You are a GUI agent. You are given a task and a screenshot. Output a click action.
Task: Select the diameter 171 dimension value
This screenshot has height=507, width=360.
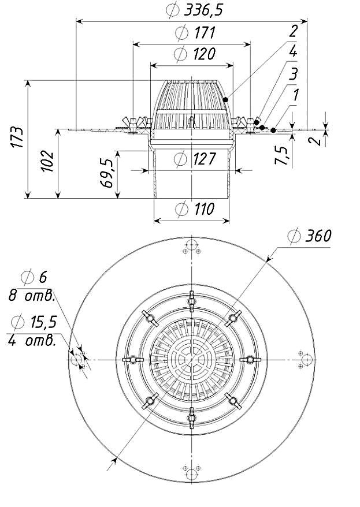(x=195, y=33)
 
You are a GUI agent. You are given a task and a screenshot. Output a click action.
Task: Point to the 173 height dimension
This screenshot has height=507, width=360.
(x=18, y=137)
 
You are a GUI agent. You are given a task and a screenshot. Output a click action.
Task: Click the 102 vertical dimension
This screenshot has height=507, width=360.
(x=48, y=161)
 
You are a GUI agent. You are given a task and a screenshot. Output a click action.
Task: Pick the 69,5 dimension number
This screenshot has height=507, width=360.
(x=107, y=173)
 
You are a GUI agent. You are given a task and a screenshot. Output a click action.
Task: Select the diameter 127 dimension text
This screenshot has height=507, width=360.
(x=195, y=159)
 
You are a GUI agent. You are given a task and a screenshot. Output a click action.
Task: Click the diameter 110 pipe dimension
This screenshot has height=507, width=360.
(x=195, y=209)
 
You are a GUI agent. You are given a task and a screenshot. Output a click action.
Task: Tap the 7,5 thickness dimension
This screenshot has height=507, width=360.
(x=281, y=156)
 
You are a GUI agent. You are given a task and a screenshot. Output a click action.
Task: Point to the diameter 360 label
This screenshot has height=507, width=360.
(x=310, y=236)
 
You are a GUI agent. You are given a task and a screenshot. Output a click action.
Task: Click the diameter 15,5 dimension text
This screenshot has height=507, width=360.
(x=34, y=322)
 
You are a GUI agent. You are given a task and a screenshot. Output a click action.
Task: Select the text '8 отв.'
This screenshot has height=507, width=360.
(x=31, y=296)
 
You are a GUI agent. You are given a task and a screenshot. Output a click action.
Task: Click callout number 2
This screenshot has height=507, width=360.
(x=293, y=31)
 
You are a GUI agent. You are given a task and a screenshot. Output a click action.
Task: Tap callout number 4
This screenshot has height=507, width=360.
(x=293, y=52)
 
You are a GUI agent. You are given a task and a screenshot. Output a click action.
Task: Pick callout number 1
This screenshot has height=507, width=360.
(x=295, y=95)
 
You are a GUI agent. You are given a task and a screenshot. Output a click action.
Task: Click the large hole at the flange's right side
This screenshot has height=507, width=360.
(x=307, y=360)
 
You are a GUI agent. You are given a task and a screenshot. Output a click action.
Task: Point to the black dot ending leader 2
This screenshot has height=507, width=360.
(x=225, y=99)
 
